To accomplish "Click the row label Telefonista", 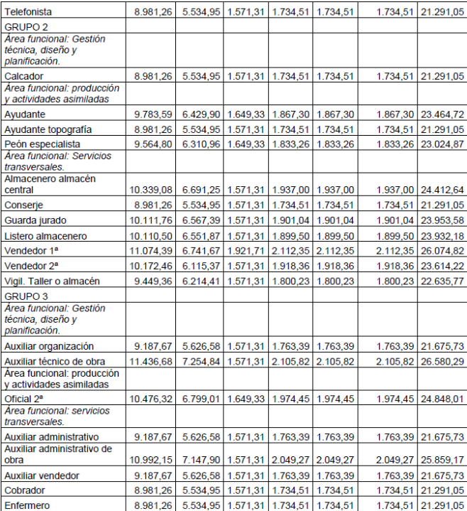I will tap(28, 11).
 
